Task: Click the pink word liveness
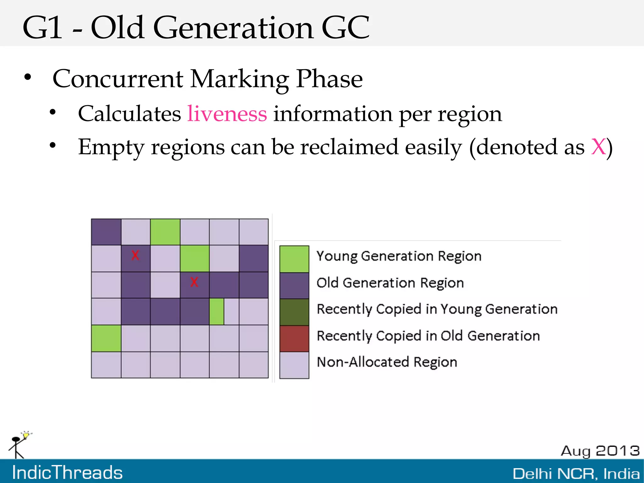tap(227, 114)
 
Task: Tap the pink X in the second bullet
tap(598, 147)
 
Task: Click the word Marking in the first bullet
tap(240, 79)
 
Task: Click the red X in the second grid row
tap(135, 255)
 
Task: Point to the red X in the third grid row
tap(194, 282)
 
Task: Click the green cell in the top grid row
tap(165, 232)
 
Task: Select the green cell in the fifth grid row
tap(106, 338)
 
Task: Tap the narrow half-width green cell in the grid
tap(217, 312)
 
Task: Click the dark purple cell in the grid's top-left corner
tap(106, 232)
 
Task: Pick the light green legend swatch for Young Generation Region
tap(294, 259)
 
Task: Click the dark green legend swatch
tap(294, 312)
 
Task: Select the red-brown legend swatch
tap(294, 339)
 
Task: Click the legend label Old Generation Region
tap(390, 283)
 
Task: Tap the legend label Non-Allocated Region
tap(387, 362)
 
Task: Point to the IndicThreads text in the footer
tap(67, 472)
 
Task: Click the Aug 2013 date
tap(600, 451)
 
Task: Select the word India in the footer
tap(621, 474)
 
